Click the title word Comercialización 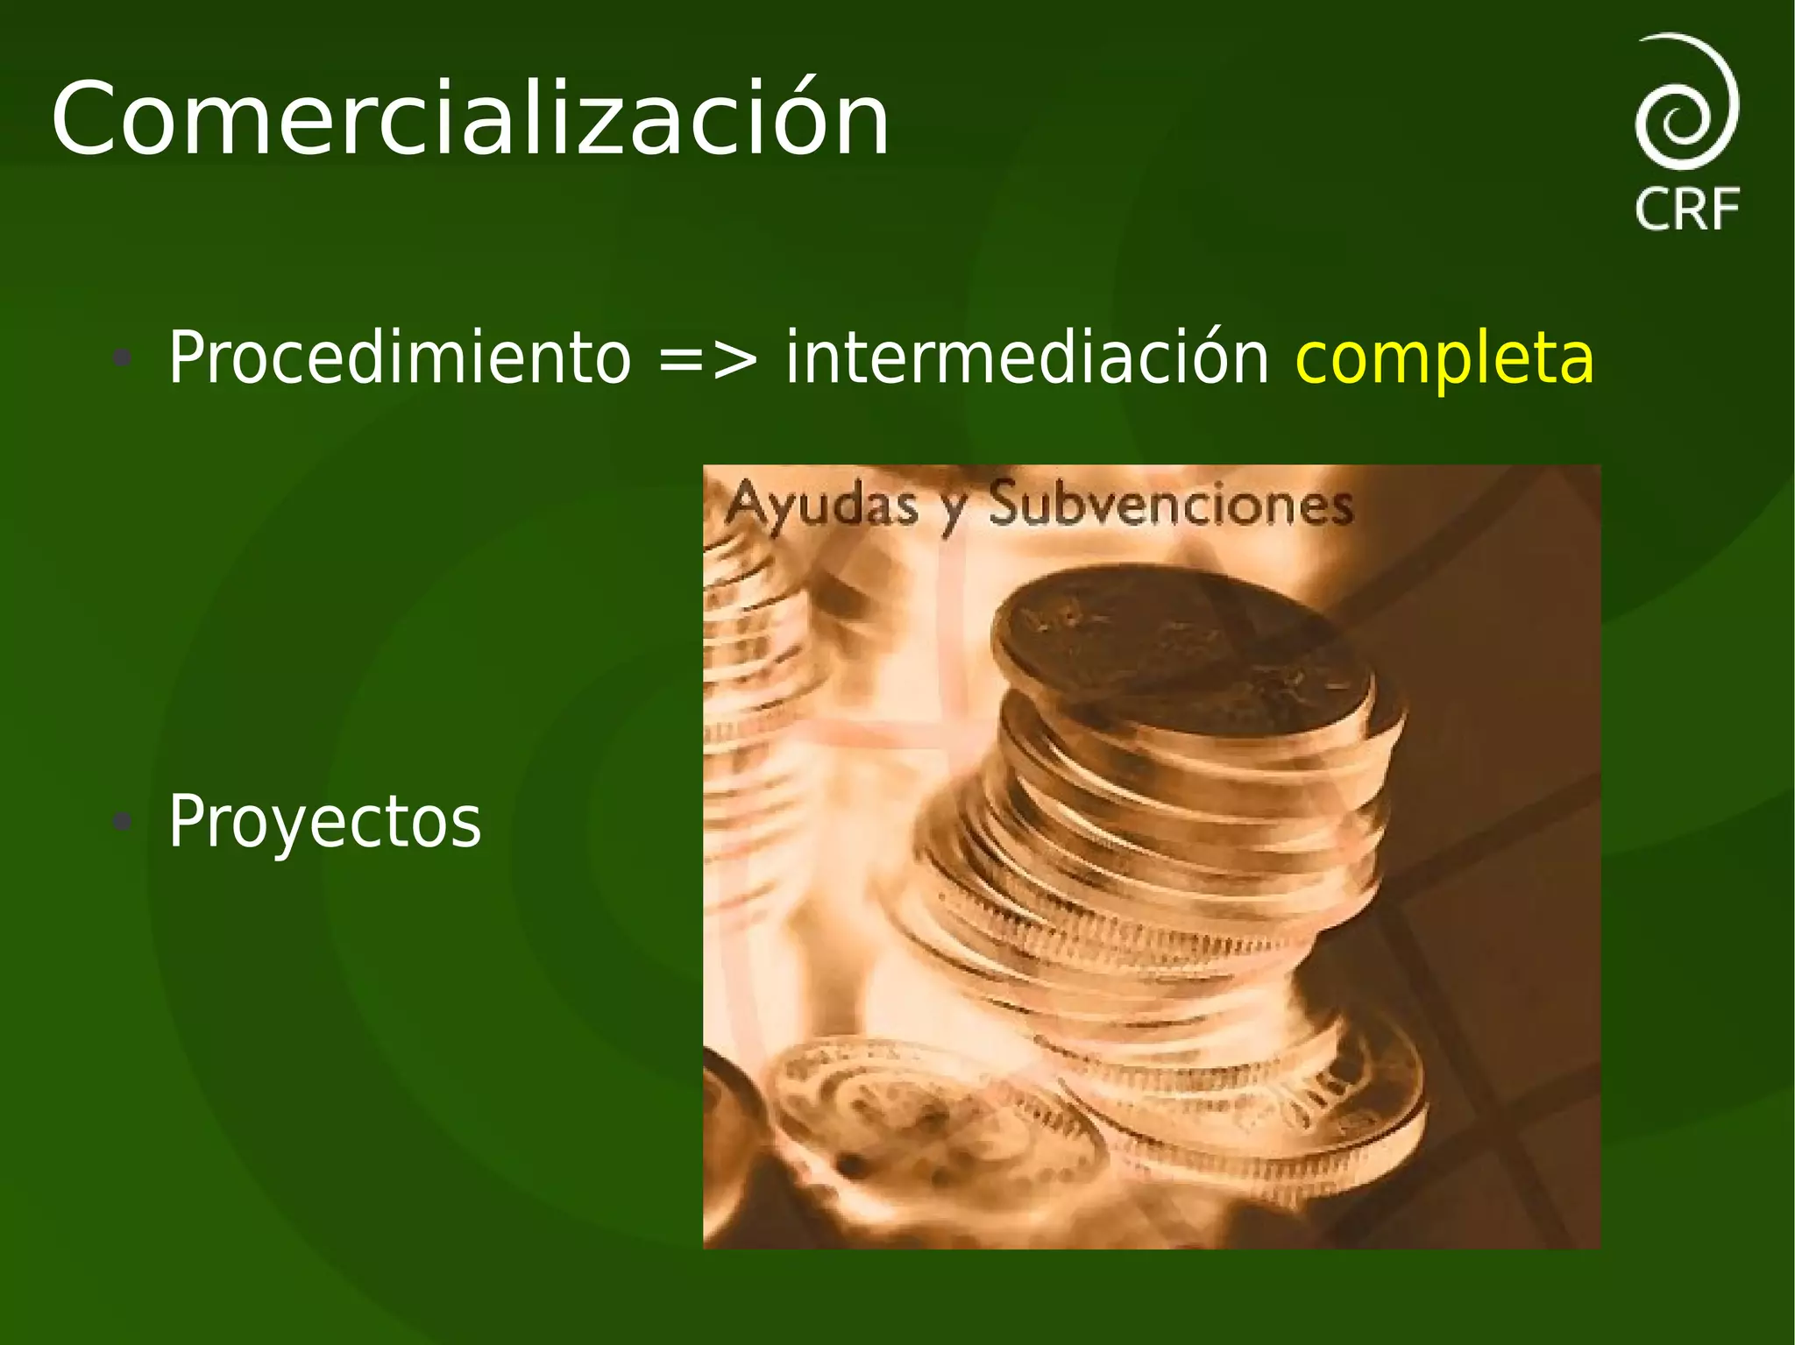tap(470, 119)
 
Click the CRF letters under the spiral tap(1687, 209)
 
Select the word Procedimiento tap(399, 357)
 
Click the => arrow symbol tap(707, 359)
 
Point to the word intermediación tap(1026, 357)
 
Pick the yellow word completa tap(1444, 359)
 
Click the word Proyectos tap(324, 822)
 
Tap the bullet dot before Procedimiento tap(123, 357)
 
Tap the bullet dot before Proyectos tap(123, 822)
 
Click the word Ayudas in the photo tap(822, 506)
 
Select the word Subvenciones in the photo tap(1171, 506)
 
